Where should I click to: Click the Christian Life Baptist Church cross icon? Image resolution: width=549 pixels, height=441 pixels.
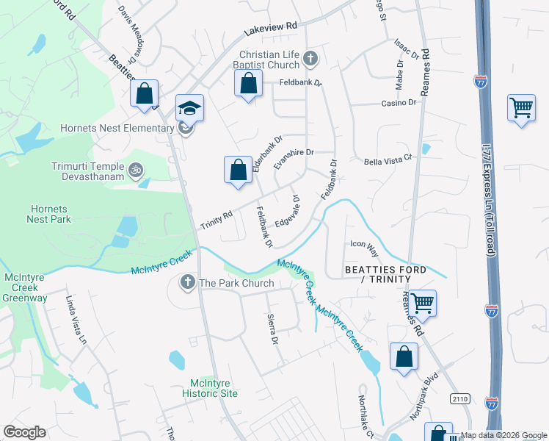(310, 58)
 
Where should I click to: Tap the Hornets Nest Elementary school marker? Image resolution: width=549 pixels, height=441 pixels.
(189, 110)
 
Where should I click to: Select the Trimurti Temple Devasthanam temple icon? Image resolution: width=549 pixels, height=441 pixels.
(134, 171)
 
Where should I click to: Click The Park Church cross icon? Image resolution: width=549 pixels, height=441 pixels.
(188, 282)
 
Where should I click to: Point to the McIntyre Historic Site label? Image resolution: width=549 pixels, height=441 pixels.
(214, 388)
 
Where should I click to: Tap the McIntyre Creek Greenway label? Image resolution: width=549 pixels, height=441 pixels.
(26, 287)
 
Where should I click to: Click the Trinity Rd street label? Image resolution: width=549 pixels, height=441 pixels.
(217, 218)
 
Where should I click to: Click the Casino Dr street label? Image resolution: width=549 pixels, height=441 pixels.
(399, 103)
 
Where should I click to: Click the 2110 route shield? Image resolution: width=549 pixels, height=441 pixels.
(459, 398)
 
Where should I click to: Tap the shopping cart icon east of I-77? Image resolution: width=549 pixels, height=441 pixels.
(521, 109)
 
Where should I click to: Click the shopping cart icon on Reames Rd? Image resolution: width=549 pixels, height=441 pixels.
(422, 302)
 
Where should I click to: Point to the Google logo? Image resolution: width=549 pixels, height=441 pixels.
(24, 432)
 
